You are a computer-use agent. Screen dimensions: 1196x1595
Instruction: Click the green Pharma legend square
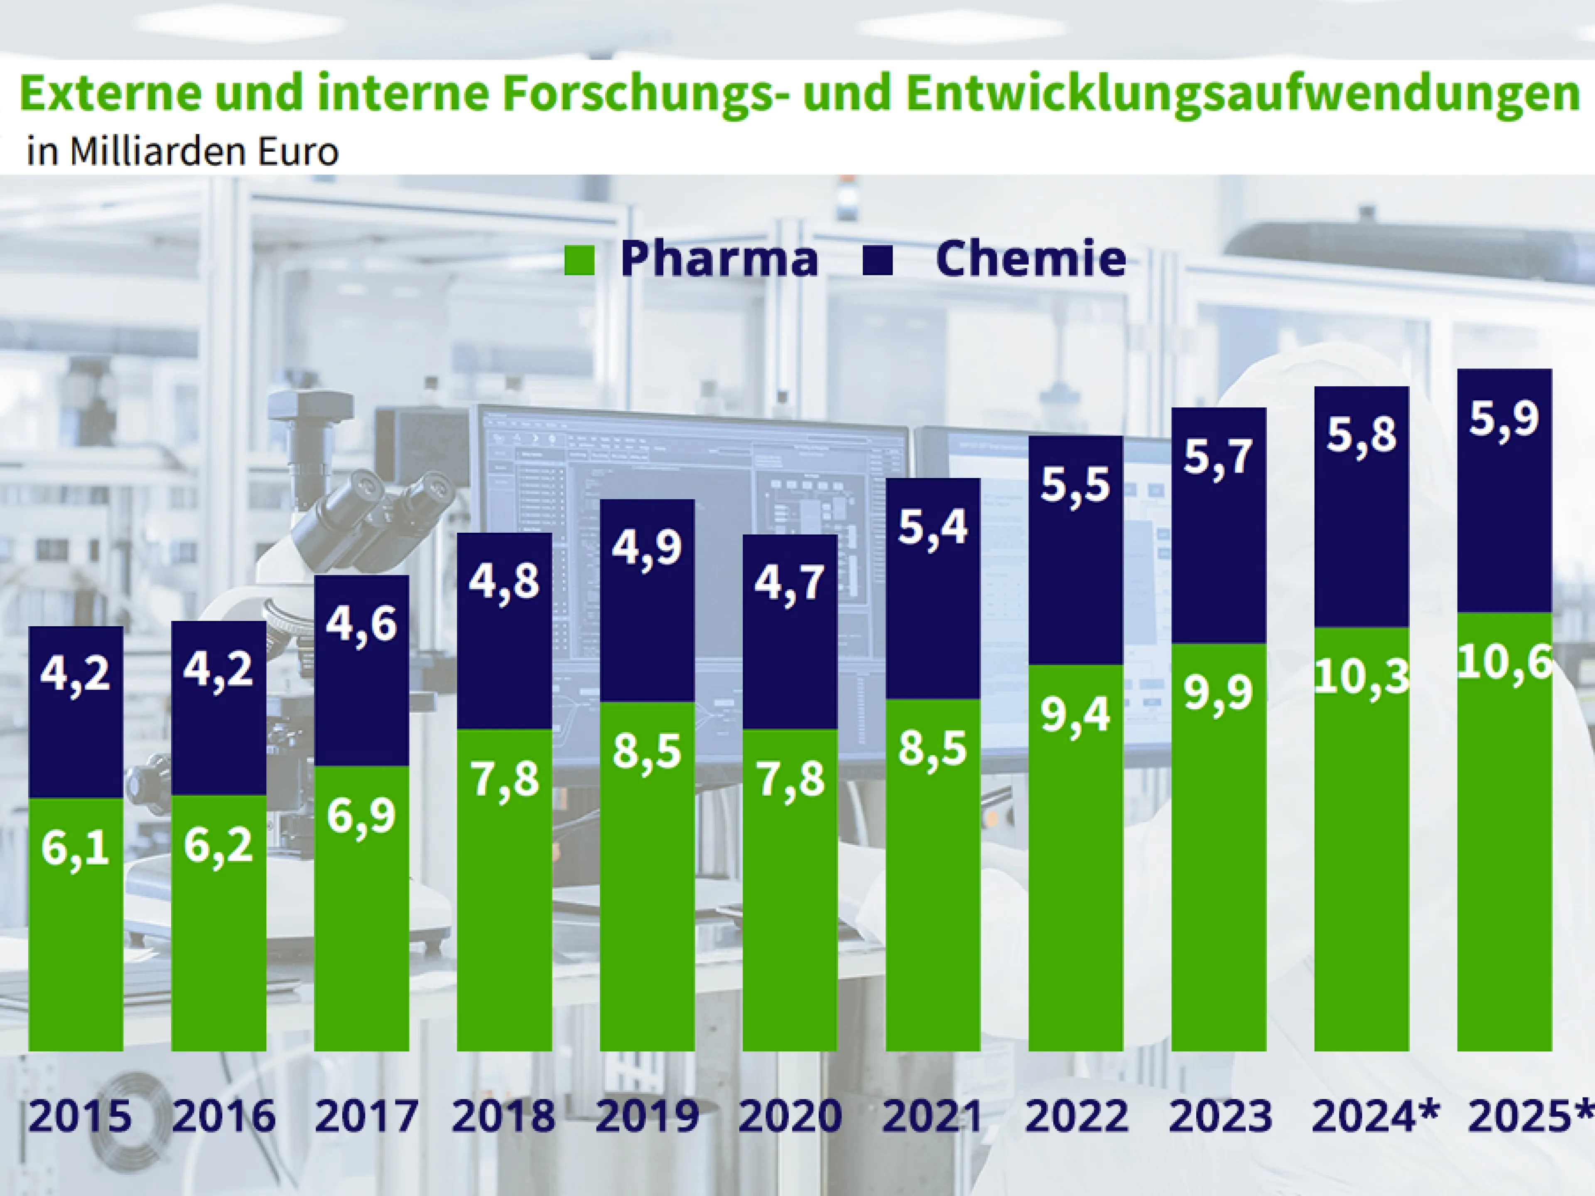579,260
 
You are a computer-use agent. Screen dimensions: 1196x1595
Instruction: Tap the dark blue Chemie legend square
878,260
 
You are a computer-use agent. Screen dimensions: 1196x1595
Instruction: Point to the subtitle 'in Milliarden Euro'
182,152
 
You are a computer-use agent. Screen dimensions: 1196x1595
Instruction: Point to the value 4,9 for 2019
647,548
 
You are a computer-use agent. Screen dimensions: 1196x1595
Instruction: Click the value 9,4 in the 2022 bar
1075,715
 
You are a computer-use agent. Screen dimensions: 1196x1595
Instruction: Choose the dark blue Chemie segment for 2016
218,743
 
